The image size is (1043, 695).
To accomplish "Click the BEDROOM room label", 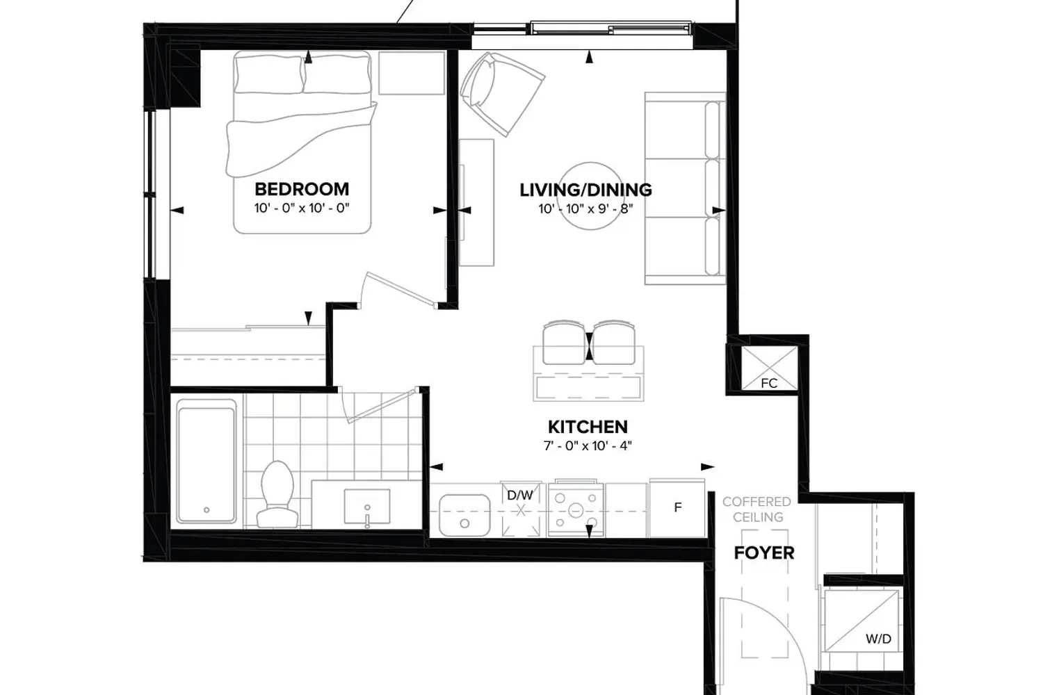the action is pyautogui.click(x=302, y=189).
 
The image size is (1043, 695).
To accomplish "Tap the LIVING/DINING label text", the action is pyautogui.click(x=585, y=190).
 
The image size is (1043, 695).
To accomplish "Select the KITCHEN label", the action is pyautogui.click(x=588, y=427).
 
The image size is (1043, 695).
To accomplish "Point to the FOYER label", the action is pyautogui.click(x=764, y=553).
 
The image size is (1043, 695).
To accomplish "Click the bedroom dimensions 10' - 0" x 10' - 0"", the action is pyautogui.click(x=302, y=208).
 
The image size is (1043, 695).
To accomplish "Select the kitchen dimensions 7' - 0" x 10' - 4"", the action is pyautogui.click(x=588, y=446).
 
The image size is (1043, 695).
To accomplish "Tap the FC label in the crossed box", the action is pyautogui.click(x=769, y=383).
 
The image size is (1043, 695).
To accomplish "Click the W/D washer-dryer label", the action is pyautogui.click(x=878, y=639).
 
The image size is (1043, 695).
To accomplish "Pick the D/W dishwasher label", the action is pyautogui.click(x=520, y=495).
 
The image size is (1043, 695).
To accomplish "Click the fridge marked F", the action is pyautogui.click(x=677, y=508).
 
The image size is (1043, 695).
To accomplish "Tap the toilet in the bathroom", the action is pyautogui.click(x=277, y=494).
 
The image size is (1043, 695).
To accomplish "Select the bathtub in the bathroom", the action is pyautogui.click(x=207, y=461).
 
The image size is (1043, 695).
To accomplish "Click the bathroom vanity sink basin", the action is pyautogui.click(x=367, y=506).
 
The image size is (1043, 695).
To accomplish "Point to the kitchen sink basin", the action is pyautogui.click(x=464, y=515).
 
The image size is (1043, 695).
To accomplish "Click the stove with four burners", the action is pyautogui.click(x=576, y=509).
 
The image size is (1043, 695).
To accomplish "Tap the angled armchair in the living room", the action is pyautogui.click(x=502, y=93).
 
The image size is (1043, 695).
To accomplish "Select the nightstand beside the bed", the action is pyautogui.click(x=412, y=73).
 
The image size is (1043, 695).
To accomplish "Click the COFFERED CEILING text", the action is pyautogui.click(x=757, y=509).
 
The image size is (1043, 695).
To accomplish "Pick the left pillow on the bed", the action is pyautogui.click(x=269, y=74).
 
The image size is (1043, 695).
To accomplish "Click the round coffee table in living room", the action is pyautogui.click(x=590, y=196).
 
